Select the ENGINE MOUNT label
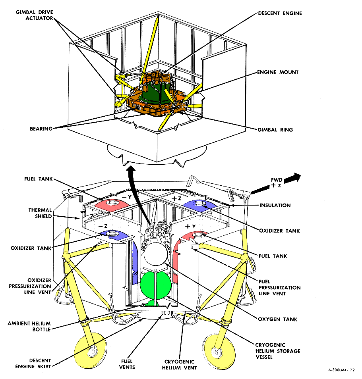278,72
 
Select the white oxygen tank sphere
157,254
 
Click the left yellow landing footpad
90,349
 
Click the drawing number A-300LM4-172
341,369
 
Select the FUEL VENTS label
128,364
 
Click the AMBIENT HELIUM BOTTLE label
29,326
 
